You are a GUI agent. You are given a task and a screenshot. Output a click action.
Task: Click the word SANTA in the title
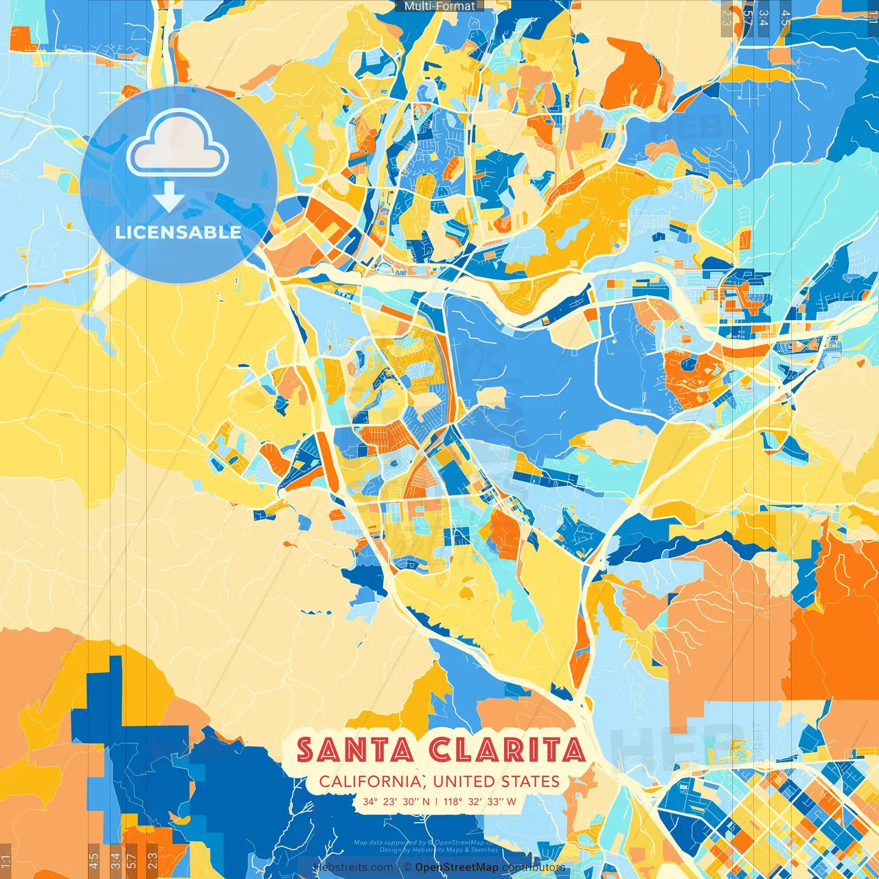pyautogui.click(x=355, y=751)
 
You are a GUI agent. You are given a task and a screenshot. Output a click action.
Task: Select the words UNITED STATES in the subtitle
pyautogui.click(x=496, y=781)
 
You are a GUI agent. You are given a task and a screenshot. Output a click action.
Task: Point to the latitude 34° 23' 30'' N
pyautogui.click(x=396, y=801)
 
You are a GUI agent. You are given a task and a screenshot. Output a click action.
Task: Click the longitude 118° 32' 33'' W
pyautogui.click(x=480, y=801)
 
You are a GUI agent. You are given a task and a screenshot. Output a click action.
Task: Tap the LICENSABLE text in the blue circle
pyautogui.click(x=178, y=232)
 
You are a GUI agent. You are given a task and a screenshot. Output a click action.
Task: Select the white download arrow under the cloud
pyautogui.click(x=168, y=197)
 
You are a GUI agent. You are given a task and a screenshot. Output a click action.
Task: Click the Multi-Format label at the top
pyautogui.click(x=439, y=6)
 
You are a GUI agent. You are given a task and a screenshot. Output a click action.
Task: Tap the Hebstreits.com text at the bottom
pyautogui.click(x=353, y=867)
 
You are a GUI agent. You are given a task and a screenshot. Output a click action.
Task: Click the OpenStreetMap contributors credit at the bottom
pyautogui.click(x=490, y=867)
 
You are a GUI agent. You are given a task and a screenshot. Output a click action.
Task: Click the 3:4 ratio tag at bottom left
pyautogui.click(x=115, y=858)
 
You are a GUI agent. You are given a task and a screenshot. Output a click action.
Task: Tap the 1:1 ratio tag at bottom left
pyautogui.click(x=5, y=858)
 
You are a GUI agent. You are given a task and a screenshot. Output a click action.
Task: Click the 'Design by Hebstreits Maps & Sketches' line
pyautogui.click(x=439, y=849)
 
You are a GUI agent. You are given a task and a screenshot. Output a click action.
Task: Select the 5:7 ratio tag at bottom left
pyautogui.click(x=132, y=858)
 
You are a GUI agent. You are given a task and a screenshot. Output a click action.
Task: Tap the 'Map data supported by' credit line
pyautogui.click(x=419, y=843)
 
